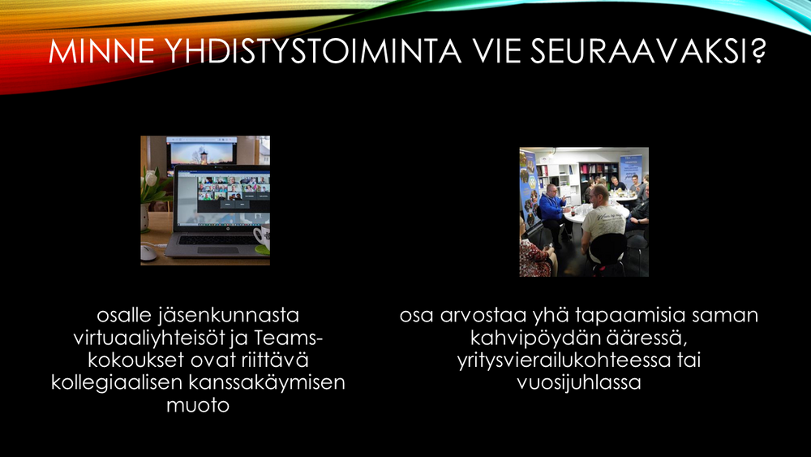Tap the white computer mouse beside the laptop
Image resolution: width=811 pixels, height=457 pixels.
pos(148,253)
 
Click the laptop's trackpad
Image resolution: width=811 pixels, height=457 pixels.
pos(217,250)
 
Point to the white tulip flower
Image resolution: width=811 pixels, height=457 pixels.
pos(151,178)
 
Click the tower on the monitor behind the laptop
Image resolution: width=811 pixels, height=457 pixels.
pos(204,157)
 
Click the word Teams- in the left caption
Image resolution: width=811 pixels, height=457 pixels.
pos(289,338)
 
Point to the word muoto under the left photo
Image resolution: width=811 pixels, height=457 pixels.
pos(198,405)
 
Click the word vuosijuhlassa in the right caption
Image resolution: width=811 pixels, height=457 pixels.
pos(579,382)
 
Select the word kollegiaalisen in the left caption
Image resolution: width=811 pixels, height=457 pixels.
pos(117,382)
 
